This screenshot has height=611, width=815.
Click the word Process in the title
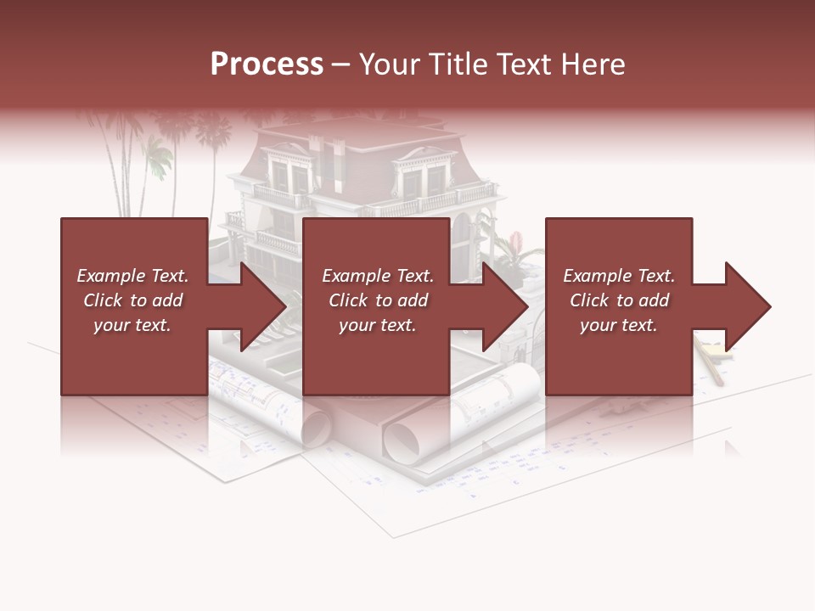tap(267, 64)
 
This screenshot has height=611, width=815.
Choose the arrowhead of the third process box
tap(746, 306)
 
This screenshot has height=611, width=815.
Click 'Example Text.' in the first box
tap(132, 276)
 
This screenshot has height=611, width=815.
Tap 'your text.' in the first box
tap(132, 325)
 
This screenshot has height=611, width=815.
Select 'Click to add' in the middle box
tap(378, 300)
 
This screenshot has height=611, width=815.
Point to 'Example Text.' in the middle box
tap(378, 276)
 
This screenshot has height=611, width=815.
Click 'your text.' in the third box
tap(619, 325)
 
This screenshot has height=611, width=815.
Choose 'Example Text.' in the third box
tap(619, 276)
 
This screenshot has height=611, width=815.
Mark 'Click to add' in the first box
tap(132, 300)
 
